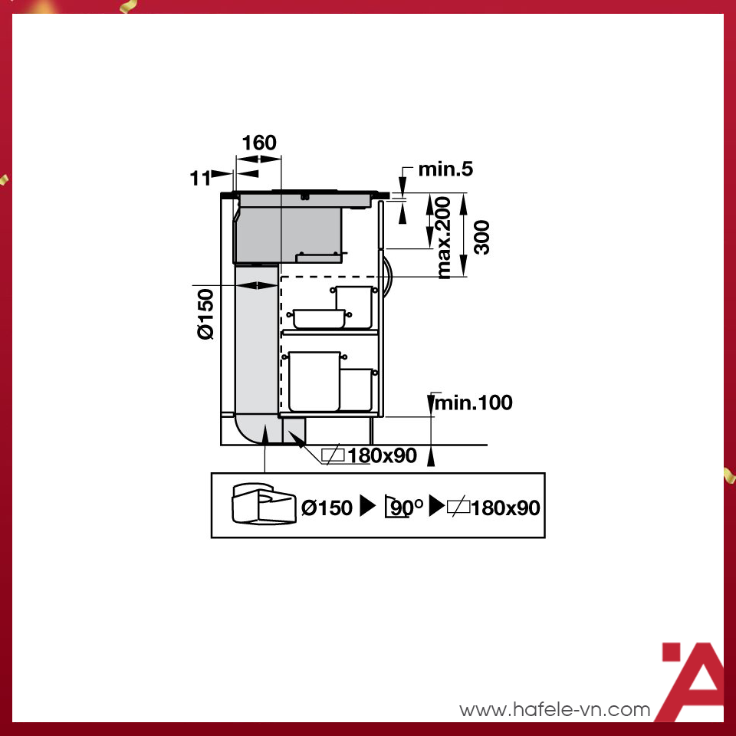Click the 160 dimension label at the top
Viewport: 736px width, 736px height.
[258, 143]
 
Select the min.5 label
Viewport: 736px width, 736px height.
[445, 169]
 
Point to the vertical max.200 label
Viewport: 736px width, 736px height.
[444, 237]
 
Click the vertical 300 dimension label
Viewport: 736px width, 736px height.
[481, 236]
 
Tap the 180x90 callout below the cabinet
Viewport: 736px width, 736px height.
[382, 455]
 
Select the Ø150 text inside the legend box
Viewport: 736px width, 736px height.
[327, 507]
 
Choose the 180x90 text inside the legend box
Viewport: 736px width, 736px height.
[505, 507]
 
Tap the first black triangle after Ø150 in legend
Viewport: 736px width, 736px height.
[368, 507]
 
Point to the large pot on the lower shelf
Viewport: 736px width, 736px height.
[314, 381]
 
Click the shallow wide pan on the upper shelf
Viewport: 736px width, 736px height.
[317, 318]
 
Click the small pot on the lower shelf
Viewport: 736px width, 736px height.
[356, 389]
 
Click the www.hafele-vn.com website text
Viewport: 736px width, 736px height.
[554, 710]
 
